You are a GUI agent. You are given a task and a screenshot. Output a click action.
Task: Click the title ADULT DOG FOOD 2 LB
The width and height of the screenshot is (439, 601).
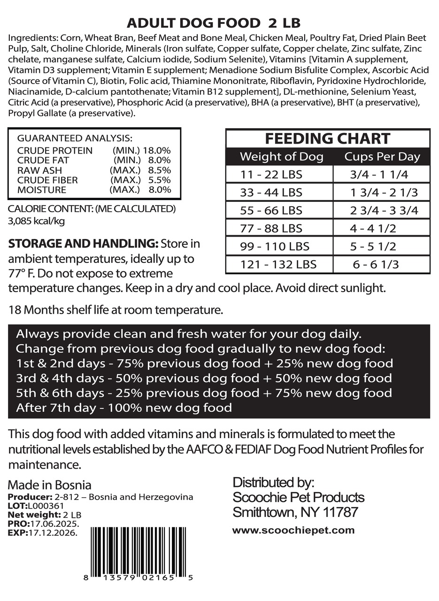click(x=214, y=23)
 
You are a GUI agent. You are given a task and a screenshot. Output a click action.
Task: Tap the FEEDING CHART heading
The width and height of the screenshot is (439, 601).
click(x=327, y=139)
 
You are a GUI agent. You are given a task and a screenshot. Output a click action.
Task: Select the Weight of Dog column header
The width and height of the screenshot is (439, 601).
click(x=281, y=156)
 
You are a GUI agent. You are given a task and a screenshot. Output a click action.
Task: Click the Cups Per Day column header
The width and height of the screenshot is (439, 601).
click(x=382, y=156)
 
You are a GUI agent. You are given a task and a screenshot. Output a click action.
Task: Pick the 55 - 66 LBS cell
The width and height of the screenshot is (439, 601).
click(x=271, y=210)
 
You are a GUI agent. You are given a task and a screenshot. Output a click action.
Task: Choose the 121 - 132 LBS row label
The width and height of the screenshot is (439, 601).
click(x=278, y=264)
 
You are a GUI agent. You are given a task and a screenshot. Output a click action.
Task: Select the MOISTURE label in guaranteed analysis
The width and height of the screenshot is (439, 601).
click(x=42, y=190)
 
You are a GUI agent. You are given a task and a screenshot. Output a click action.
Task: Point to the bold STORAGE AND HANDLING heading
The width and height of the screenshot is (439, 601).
click(x=83, y=245)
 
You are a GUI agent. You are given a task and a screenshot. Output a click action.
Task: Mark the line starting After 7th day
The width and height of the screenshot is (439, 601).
click(x=124, y=408)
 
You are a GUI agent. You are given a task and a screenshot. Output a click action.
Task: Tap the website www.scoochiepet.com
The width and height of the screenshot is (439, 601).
click(x=293, y=531)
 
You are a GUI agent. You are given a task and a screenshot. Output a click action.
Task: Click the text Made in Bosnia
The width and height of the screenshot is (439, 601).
click(x=49, y=485)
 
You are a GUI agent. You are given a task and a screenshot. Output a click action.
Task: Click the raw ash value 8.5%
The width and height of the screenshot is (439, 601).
click(x=160, y=170)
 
